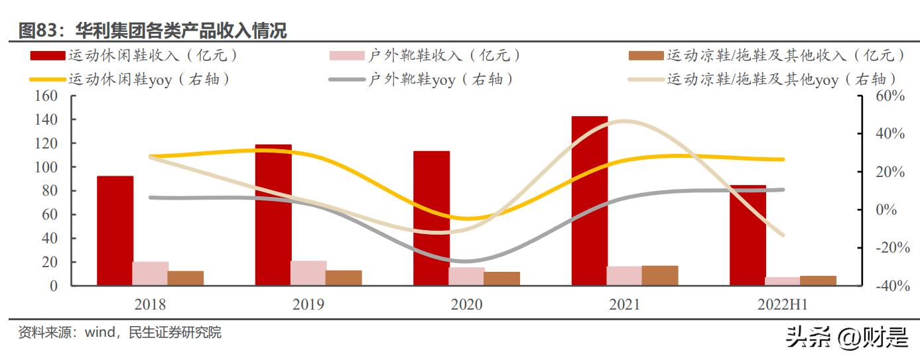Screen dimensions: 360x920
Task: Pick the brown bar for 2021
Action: (660, 276)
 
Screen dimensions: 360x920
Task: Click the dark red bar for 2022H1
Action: (748, 235)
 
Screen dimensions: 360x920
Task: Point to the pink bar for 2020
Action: (466, 276)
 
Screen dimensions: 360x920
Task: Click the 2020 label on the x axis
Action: (466, 304)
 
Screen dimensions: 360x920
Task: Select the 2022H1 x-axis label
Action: (783, 304)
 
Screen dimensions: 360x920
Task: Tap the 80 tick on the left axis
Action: (49, 191)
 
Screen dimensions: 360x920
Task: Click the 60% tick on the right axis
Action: (889, 96)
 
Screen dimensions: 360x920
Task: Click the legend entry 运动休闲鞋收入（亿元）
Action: (153, 56)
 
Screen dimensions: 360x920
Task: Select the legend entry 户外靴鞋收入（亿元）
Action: (444, 56)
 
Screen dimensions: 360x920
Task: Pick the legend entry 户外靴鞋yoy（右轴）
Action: (441, 80)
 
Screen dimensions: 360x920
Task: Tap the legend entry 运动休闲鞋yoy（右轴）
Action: (149, 80)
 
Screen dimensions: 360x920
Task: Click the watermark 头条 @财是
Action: (846, 338)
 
